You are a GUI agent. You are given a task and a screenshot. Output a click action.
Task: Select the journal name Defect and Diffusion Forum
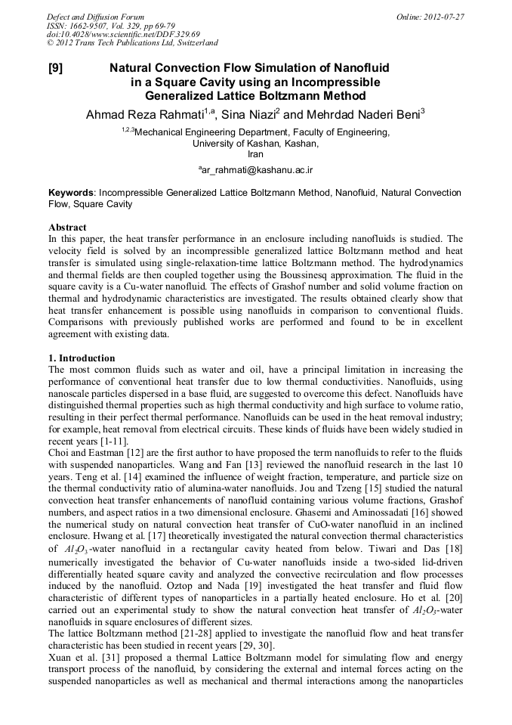click(95, 17)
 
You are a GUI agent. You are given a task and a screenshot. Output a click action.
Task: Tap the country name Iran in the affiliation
click(255, 153)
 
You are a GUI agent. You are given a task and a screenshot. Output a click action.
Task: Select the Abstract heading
click(67, 228)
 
